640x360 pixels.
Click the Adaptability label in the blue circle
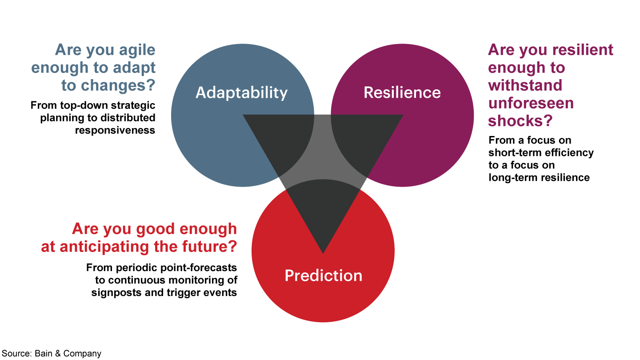click(241, 92)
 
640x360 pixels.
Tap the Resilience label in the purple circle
click(402, 92)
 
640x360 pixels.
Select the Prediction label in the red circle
click(323, 276)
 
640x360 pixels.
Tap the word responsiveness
click(115, 130)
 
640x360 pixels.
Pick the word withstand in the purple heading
click(525, 85)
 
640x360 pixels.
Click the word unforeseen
click(531, 103)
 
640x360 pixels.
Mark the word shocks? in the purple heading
click(520, 121)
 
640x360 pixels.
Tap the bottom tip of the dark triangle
click(323, 252)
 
